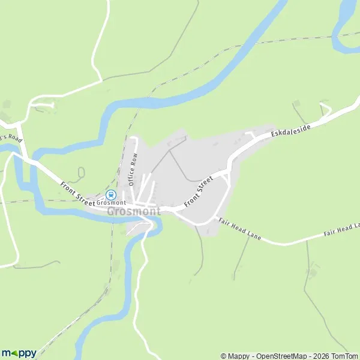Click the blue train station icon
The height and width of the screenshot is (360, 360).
[110, 194]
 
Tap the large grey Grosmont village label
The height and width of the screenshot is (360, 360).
[134, 211]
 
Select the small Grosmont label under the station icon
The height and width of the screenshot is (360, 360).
[110, 203]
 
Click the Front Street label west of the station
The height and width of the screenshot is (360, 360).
[77, 193]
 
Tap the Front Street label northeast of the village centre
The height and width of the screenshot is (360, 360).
[199, 191]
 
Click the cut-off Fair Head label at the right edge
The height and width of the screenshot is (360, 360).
[341, 229]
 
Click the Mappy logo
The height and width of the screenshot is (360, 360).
[19, 353]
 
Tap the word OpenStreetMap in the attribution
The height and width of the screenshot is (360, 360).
[273, 356]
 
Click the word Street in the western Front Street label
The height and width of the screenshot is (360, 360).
[85, 197]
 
